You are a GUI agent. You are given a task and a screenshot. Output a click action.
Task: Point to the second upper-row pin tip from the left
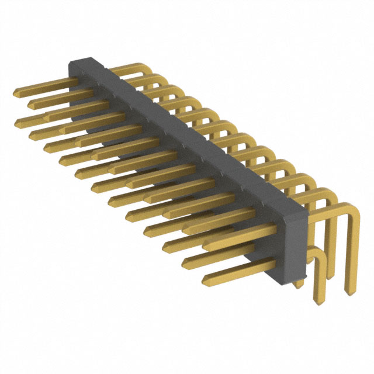tap(30, 105)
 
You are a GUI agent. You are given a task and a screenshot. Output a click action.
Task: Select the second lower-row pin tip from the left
tap(32, 136)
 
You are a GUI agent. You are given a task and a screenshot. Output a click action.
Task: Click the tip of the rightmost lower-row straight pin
tap(205, 282)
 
